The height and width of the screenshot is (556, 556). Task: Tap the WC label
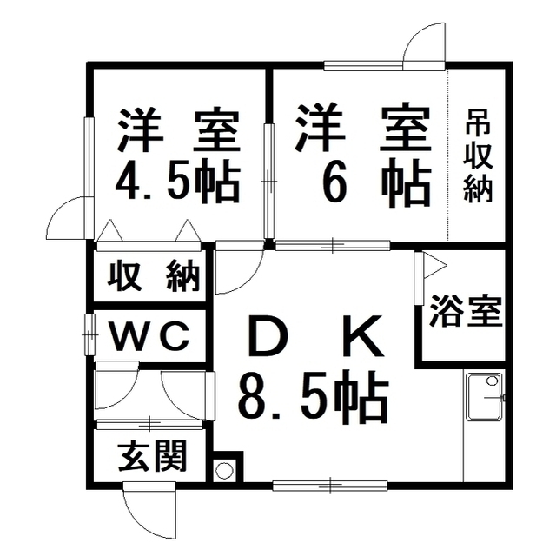point(149,334)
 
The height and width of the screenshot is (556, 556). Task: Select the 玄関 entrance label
point(153,457)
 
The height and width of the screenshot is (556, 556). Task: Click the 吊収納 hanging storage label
point(477,156)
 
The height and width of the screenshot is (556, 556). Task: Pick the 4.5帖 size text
point(178,183)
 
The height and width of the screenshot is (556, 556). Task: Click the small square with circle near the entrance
point(224,470)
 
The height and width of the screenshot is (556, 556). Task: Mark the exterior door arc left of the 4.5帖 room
point(69,219)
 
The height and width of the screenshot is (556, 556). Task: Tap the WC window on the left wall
point(89,334)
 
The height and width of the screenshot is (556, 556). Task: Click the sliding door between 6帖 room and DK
point(334,246)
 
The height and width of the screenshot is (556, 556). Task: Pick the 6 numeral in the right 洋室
point(327,183)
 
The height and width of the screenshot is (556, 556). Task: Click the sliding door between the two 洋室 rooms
point(269,182)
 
